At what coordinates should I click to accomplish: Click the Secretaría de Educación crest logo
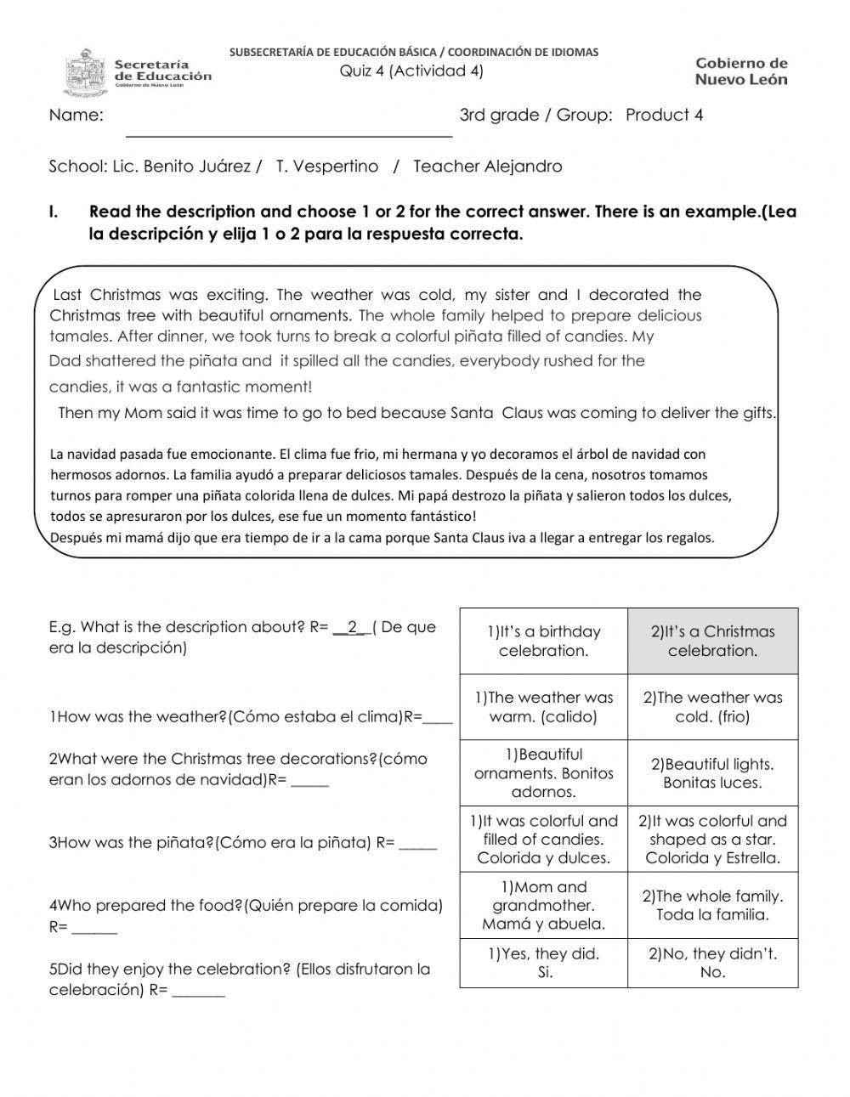(86, 73)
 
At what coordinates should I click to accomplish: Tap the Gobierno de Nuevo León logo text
(741, 71)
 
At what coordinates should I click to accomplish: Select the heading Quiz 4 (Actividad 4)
(411, 71)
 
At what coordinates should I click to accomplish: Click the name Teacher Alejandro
(487, 167)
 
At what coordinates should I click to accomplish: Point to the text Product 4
(664, 116)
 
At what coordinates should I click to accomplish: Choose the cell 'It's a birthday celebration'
(543, 642)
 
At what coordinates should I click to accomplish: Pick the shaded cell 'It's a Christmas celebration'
(712, 642)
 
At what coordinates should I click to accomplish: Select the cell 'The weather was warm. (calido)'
(543, 707)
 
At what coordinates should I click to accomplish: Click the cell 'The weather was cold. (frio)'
(712, 707)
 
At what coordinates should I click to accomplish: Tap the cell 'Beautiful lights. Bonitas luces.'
(712, 773)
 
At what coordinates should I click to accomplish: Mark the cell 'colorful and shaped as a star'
(712, 840)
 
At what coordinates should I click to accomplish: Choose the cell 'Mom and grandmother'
(543, 906)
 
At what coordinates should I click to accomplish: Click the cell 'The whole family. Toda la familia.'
(712, 906)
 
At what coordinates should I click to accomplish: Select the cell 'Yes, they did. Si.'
(543, 964)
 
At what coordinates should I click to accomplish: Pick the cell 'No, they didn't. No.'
(712, 964)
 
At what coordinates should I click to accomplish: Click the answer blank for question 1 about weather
(438, 719)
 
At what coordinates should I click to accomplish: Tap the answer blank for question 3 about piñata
(418, 845)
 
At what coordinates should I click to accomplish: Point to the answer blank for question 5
(198, 992)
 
